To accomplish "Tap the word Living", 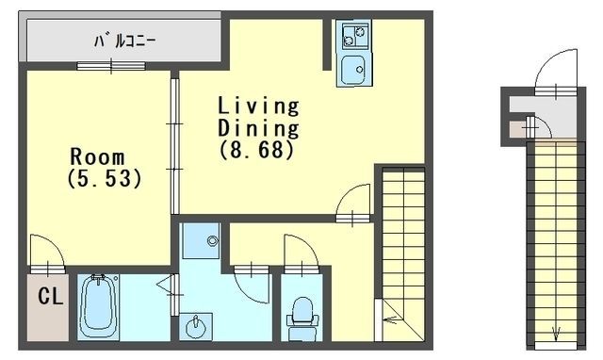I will click(x=258, y=105).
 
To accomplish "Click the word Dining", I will click(x=258, y=126).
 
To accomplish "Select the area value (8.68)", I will click(x=258, y=148).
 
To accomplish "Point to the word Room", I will click(x=96, y=156).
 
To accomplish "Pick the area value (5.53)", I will click(x=105, y=178).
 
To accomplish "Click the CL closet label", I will click(x=49, y=297).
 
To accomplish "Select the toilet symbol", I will click(x=303, y=312).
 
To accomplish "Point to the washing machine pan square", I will click(x=201, y=241).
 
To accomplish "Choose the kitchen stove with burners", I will click(x=354, y=38).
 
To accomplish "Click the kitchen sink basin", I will click(x=354, y=69).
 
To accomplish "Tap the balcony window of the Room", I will click(x=111, y=65).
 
